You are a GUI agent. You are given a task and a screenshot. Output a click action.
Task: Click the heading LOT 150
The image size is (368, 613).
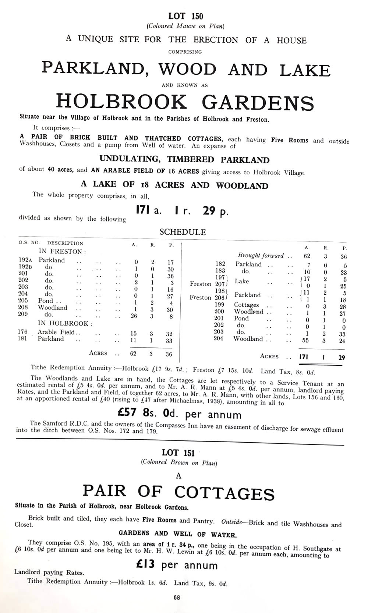[x=185, y=16]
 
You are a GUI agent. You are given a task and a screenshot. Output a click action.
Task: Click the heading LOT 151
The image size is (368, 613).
[x=178, y=453]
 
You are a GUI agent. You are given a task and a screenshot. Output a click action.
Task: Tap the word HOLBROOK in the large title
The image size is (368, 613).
[x=121, y=102]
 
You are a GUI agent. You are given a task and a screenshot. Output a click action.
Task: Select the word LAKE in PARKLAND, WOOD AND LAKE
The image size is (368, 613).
[x=305, y=70]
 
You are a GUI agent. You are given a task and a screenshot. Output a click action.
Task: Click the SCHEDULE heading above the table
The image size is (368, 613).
[x=183, y=232]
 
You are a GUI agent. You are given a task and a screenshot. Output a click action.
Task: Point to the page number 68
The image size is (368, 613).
[x=177, y=598]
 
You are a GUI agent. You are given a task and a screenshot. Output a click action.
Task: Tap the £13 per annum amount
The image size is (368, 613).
[x=176, y=565]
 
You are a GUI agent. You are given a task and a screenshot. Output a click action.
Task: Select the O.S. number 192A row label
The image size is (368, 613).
[x=25, y=260]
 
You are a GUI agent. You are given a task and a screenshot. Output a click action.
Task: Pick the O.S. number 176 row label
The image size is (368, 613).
[x=23, y=332]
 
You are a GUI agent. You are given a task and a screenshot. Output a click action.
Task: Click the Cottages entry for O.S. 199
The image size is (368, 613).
[x=247, y=305]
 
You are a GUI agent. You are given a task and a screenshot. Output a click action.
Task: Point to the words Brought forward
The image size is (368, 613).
[x=261, y=255]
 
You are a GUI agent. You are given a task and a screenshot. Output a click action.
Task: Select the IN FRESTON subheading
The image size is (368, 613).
[x=62, y=252]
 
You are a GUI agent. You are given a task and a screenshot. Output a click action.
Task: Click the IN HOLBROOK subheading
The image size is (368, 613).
[x=66, y=324]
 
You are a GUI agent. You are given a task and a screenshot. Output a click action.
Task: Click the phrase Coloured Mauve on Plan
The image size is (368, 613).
[x=185, y=26]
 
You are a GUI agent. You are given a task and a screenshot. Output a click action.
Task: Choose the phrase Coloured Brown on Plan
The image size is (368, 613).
[x=179, y=463]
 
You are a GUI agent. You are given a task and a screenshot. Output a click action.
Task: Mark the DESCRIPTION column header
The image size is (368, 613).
[x=65, y=243]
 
